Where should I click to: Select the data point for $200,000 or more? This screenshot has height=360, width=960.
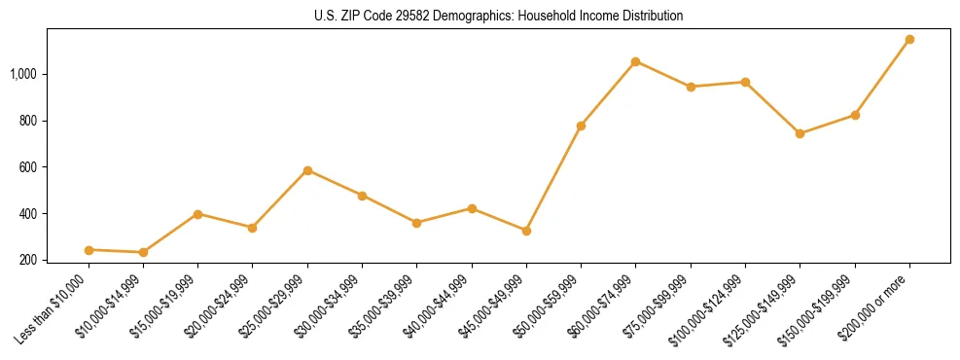pyautogui.click(x=909, y=40)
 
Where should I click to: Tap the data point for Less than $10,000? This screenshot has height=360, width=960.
pyautogui.click(x=89, y=250)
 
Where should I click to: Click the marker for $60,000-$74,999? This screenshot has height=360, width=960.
pyautogui.click(x=635, y=61)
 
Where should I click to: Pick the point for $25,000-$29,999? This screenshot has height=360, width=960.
pyautogui.click(x=307, y=170)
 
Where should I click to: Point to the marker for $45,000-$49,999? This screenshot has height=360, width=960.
pyautogui.click(x=526, y=231)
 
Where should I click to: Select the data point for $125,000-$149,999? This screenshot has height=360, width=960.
pyautogui.click(x=800, y=133)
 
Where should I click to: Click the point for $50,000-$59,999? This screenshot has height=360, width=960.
pyautogui.click(x=581, y=126)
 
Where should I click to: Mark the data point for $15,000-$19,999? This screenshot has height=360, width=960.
pyautogui.click(x=197, y=214)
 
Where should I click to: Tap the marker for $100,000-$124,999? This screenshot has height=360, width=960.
pyautogui.click(x=745, y=82)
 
